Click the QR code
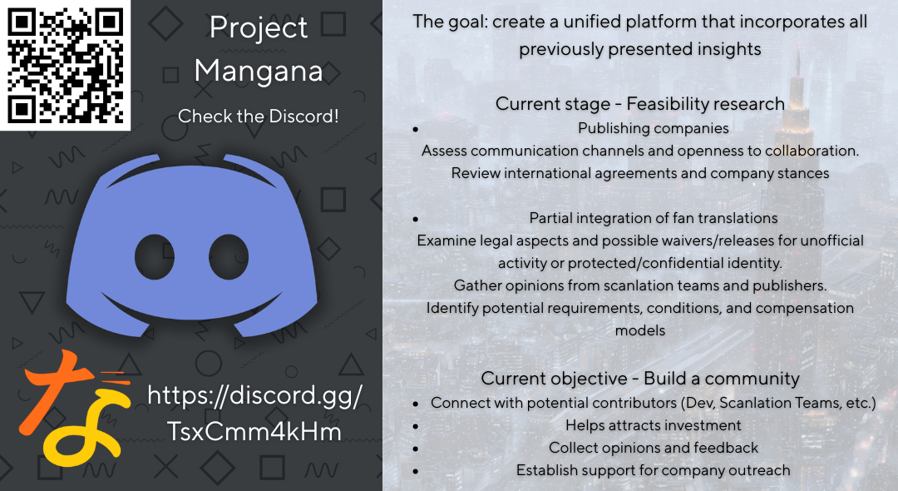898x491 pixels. pos(66,65)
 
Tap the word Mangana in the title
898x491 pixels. pos(259,72)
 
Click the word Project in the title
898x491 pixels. pos(259,28)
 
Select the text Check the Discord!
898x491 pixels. pos(259,117)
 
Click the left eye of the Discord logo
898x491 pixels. pos(155,256)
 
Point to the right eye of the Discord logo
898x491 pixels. pos(229,256)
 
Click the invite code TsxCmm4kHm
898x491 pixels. pos(254,432)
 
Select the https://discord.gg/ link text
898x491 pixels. pos(255,396)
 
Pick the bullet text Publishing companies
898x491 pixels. pos(654,128)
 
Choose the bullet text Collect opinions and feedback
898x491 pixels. pos(654,448)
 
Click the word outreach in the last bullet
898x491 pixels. pos(759,470)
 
